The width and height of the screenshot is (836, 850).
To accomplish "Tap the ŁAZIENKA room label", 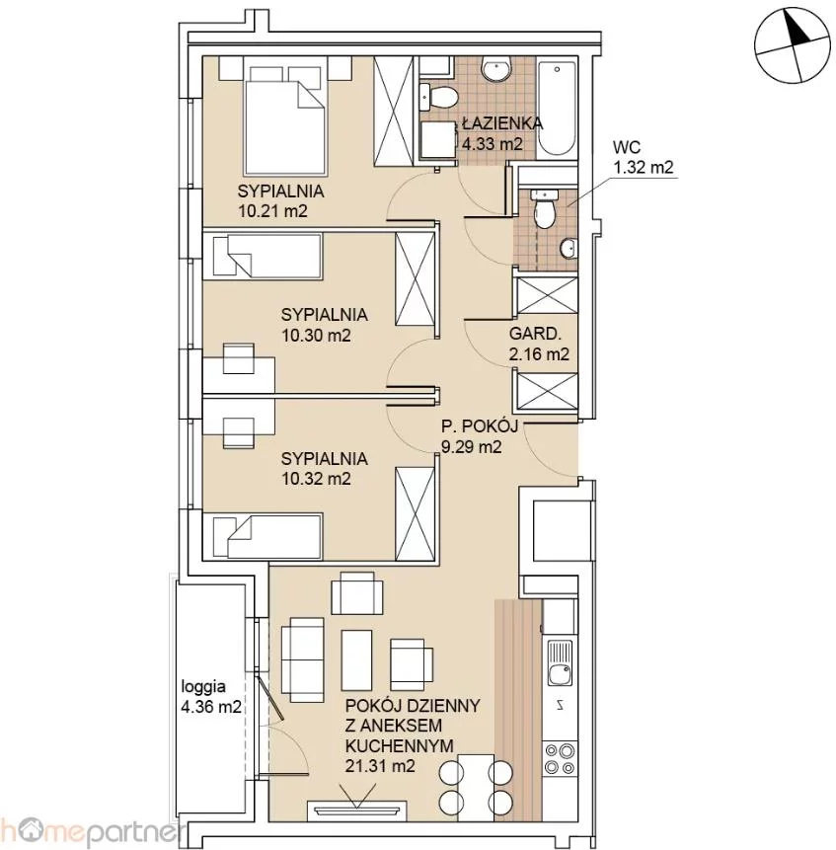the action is pyautogui.click(x=502, y=123).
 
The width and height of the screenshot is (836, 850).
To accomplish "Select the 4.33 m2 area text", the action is pyautogui.click(x=492, y=144).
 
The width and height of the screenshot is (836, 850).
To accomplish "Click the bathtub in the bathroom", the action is pyautogui.click(x=557, y=109).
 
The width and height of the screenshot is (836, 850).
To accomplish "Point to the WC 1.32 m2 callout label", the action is pyautogui.click(x=644, y=157).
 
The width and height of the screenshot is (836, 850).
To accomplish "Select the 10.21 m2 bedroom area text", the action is pyautogui.click(x=272, y=211).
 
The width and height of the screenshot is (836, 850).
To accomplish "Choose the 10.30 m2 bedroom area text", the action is pyautogui.click(x=316, y=335).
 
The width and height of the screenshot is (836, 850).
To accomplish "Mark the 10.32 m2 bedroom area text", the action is pyautogui.click(x=316, y=479).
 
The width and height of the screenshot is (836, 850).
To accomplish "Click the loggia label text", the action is pyautogui.click(x=203, y=687).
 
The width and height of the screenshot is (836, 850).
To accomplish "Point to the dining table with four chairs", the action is pyautogui.click(x=476, y=787).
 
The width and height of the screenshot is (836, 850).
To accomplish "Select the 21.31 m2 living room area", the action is pyautogui.click(x=380, y=766).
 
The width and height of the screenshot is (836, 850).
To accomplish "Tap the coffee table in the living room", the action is pyautogui.click(x=356, y=660).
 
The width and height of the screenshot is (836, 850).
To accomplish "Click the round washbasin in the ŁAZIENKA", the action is pyautogui.click(x=495, y=70).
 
